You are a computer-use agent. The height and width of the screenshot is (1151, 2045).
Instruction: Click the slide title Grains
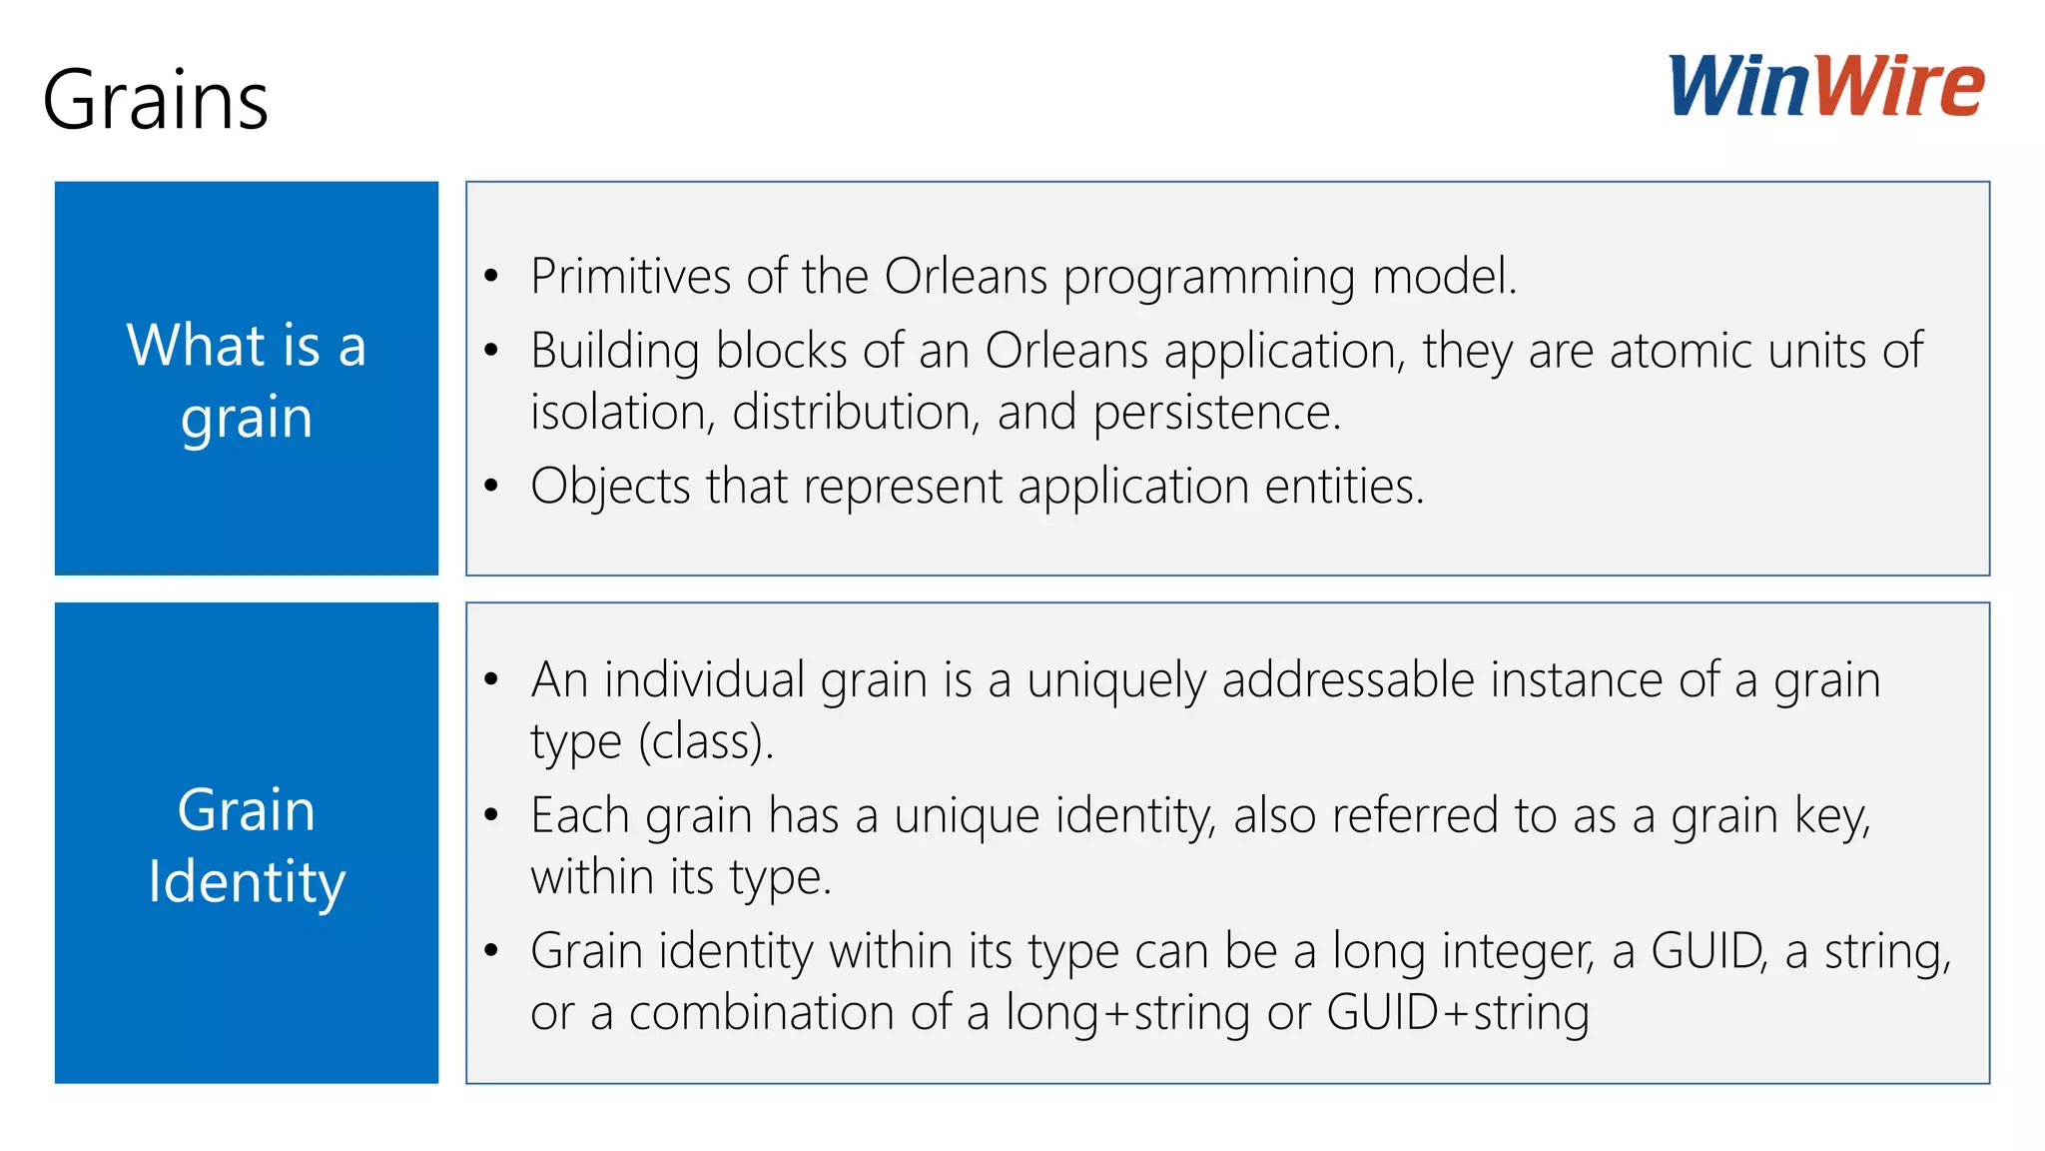156,100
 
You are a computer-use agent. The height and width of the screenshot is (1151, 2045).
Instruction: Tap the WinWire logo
1826,86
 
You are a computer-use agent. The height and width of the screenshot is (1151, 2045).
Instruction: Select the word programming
1208,278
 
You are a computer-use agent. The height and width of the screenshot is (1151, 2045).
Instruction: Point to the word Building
615,351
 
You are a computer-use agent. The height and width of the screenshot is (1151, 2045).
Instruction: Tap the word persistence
1216,413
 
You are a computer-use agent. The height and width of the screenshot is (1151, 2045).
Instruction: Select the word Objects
610,487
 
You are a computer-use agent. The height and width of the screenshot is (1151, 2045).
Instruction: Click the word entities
1344,487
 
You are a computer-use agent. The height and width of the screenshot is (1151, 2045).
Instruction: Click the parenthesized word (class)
706,741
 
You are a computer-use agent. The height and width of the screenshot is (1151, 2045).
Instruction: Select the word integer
1517,951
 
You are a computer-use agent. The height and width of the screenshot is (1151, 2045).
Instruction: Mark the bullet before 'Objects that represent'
491,487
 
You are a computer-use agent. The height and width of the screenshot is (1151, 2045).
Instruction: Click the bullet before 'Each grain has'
491,815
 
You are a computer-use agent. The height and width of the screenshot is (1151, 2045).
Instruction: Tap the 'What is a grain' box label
247,380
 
